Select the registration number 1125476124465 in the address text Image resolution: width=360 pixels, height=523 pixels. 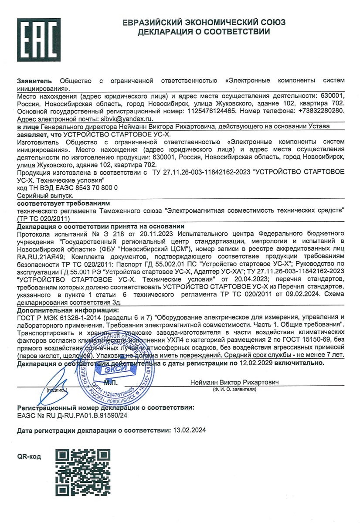[x=211, y=111]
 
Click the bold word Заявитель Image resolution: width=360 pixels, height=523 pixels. [x=34, y=81]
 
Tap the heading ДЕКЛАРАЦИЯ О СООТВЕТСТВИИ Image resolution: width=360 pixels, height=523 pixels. [x=204, y=32]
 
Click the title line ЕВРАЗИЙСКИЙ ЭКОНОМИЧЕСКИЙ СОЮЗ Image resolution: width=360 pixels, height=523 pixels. [x=204, y=23]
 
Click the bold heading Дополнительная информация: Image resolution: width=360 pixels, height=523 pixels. [x=68, y=310]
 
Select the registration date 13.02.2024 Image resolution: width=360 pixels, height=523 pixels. [x=188, y=430]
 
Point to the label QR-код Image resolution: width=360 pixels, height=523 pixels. [x=29, y=456]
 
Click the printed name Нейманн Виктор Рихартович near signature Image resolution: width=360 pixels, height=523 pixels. [x=234, y=382]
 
